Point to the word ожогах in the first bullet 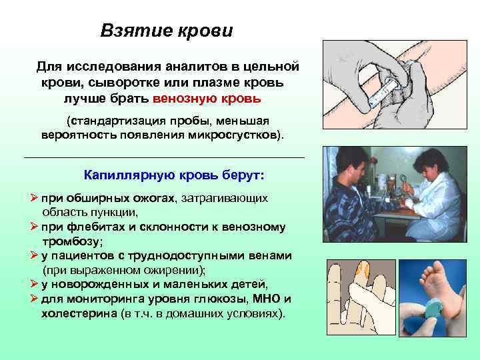(x=156, y=198)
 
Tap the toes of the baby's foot (x=437, y=265)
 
